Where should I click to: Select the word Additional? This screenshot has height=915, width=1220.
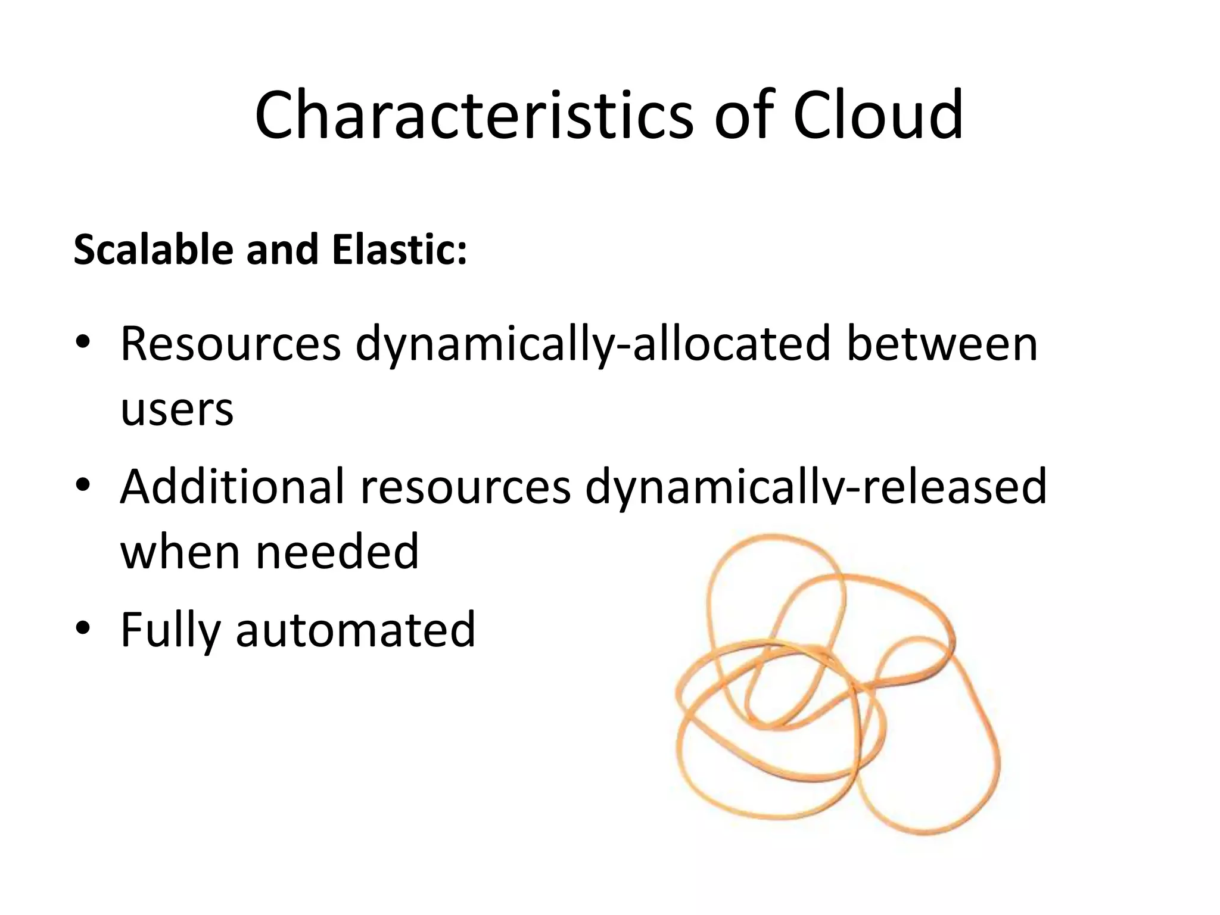[232, 486]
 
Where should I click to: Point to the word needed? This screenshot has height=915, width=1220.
[338, 552]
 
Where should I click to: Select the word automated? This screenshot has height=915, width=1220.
[356, 630]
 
